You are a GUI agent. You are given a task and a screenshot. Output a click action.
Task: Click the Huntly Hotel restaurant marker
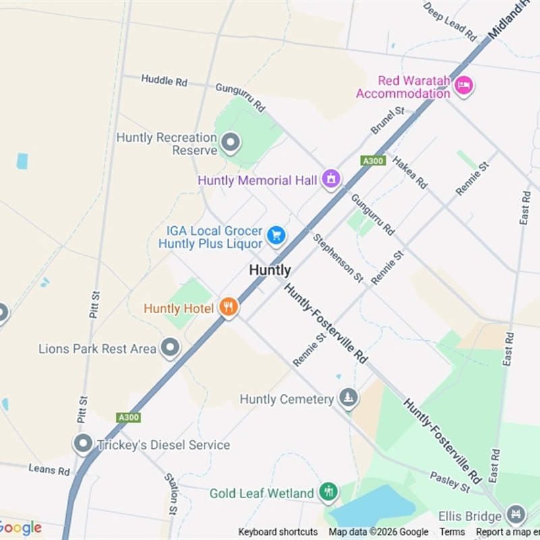pyautogui.click(x=229, y=308)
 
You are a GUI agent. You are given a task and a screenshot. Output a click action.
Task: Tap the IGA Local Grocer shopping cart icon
pyautogui.click(x=275, y=236)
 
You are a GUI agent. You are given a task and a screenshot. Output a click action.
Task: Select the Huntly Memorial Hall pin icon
pyautogui.click(x=331, y=179)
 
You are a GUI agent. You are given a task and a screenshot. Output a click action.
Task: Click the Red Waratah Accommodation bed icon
pyautogui.click(x=464, y=86)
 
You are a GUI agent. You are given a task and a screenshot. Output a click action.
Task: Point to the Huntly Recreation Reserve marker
pyautogui.click(x=231, y=143)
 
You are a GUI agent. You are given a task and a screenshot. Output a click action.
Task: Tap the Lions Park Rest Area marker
pyautogui.click(x=170, y=348)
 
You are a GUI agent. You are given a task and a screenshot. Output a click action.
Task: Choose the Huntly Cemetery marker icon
pyautogui.click(x=348, y=398)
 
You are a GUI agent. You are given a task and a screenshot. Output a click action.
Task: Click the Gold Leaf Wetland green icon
pyautogui.click(x=329, y=492)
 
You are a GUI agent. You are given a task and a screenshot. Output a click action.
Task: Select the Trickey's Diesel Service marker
pyautogui.click(x=83, y=444)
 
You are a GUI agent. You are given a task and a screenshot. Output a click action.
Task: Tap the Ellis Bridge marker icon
pyautogui.click(x=516, y=514)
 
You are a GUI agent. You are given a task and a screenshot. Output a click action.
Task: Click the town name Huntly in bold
pyautogui.click(x=270, y=270)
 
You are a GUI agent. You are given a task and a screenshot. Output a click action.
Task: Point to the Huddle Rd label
pyautogui.click(x=164, y=80)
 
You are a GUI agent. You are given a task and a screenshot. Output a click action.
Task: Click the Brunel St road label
pyautogui.click(x=387, y=120)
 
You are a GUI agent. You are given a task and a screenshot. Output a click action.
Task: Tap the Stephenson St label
pyautogui.click(x=338, y=257)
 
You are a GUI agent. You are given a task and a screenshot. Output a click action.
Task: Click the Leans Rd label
pyautogui.click(x=49, y=469)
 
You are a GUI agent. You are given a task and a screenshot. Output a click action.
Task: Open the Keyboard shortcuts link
pyautogui.click(x=278, y=532)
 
